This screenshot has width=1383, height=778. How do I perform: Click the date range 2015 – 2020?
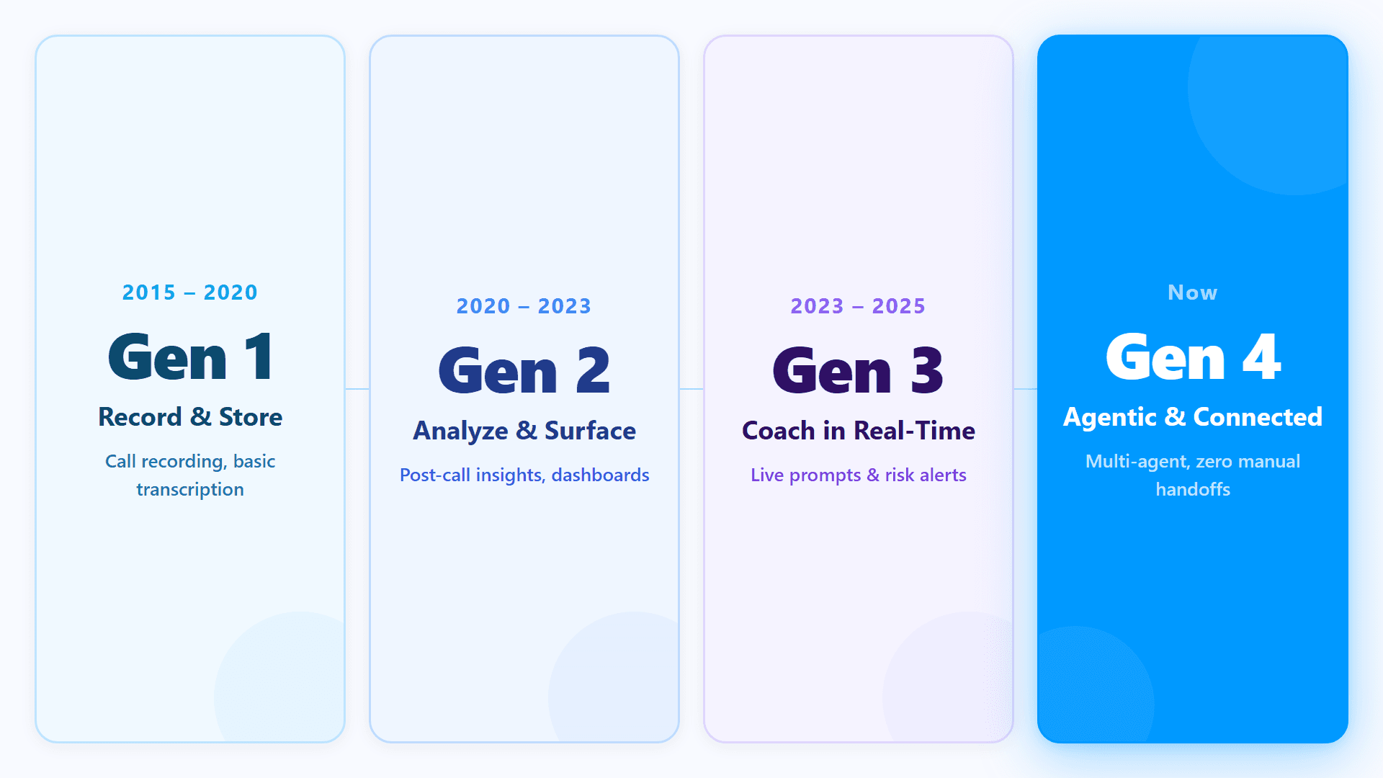point(190,292)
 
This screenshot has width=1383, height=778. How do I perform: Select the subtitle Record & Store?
point(190,417)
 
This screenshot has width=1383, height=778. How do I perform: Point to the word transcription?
point(190,490)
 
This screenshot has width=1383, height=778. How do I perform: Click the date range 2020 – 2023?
point(524,306)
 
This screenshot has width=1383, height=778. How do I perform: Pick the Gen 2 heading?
point(524,370)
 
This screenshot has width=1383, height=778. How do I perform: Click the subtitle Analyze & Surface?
point(524,431)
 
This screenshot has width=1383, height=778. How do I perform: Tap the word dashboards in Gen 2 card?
point(600,475)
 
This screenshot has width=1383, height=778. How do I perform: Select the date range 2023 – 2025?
point(858,306)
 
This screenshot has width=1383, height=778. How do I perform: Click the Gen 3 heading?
point(858,370)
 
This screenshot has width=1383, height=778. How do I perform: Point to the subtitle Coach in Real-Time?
point(859,431)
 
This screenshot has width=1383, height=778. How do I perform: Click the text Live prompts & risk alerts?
point(859,475)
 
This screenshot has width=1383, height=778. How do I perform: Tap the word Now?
point(1193,292)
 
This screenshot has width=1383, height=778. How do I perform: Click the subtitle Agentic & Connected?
point(1193,417)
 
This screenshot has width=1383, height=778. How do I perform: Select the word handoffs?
point(1193,490)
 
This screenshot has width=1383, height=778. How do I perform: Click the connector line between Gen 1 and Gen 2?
point(357,389)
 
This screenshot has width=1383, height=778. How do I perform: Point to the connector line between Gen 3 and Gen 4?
point(1026,389)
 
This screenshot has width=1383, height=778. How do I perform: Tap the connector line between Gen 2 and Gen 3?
point(691,389)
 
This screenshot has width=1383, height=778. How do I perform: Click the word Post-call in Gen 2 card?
point(435,475)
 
